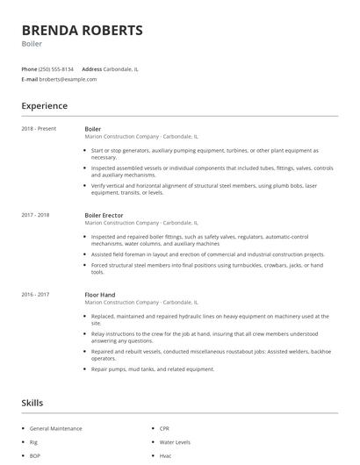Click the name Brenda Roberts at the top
pyautogui.click(x=82, y=31)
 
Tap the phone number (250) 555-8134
pyautogui.click(x=57, y=68)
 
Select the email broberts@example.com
pyautogui.click(x=68, y=79)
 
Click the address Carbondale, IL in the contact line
pyautogui.click(x=122, y=68)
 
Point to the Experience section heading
pyautogui.click(x=44, y=106)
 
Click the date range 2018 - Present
pyautogui.click(x=39, y=129)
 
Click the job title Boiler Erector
pyautogui.click(x=104, y=215)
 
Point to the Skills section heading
pyautogui.click(x=32, y=403)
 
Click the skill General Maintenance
pyautogui.click(x=55, y=428)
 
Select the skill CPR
pyautogui.click(x=165, y=428)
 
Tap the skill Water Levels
pyautogui.click(x=175, y=442)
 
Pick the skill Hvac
pyautogui.click(x=165, y=456)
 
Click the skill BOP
pyautogui.click(x=35, y=456)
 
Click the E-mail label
pyautogui.click(x=29, y=79)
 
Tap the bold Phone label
pyautogui.click(x=29, y=68)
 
